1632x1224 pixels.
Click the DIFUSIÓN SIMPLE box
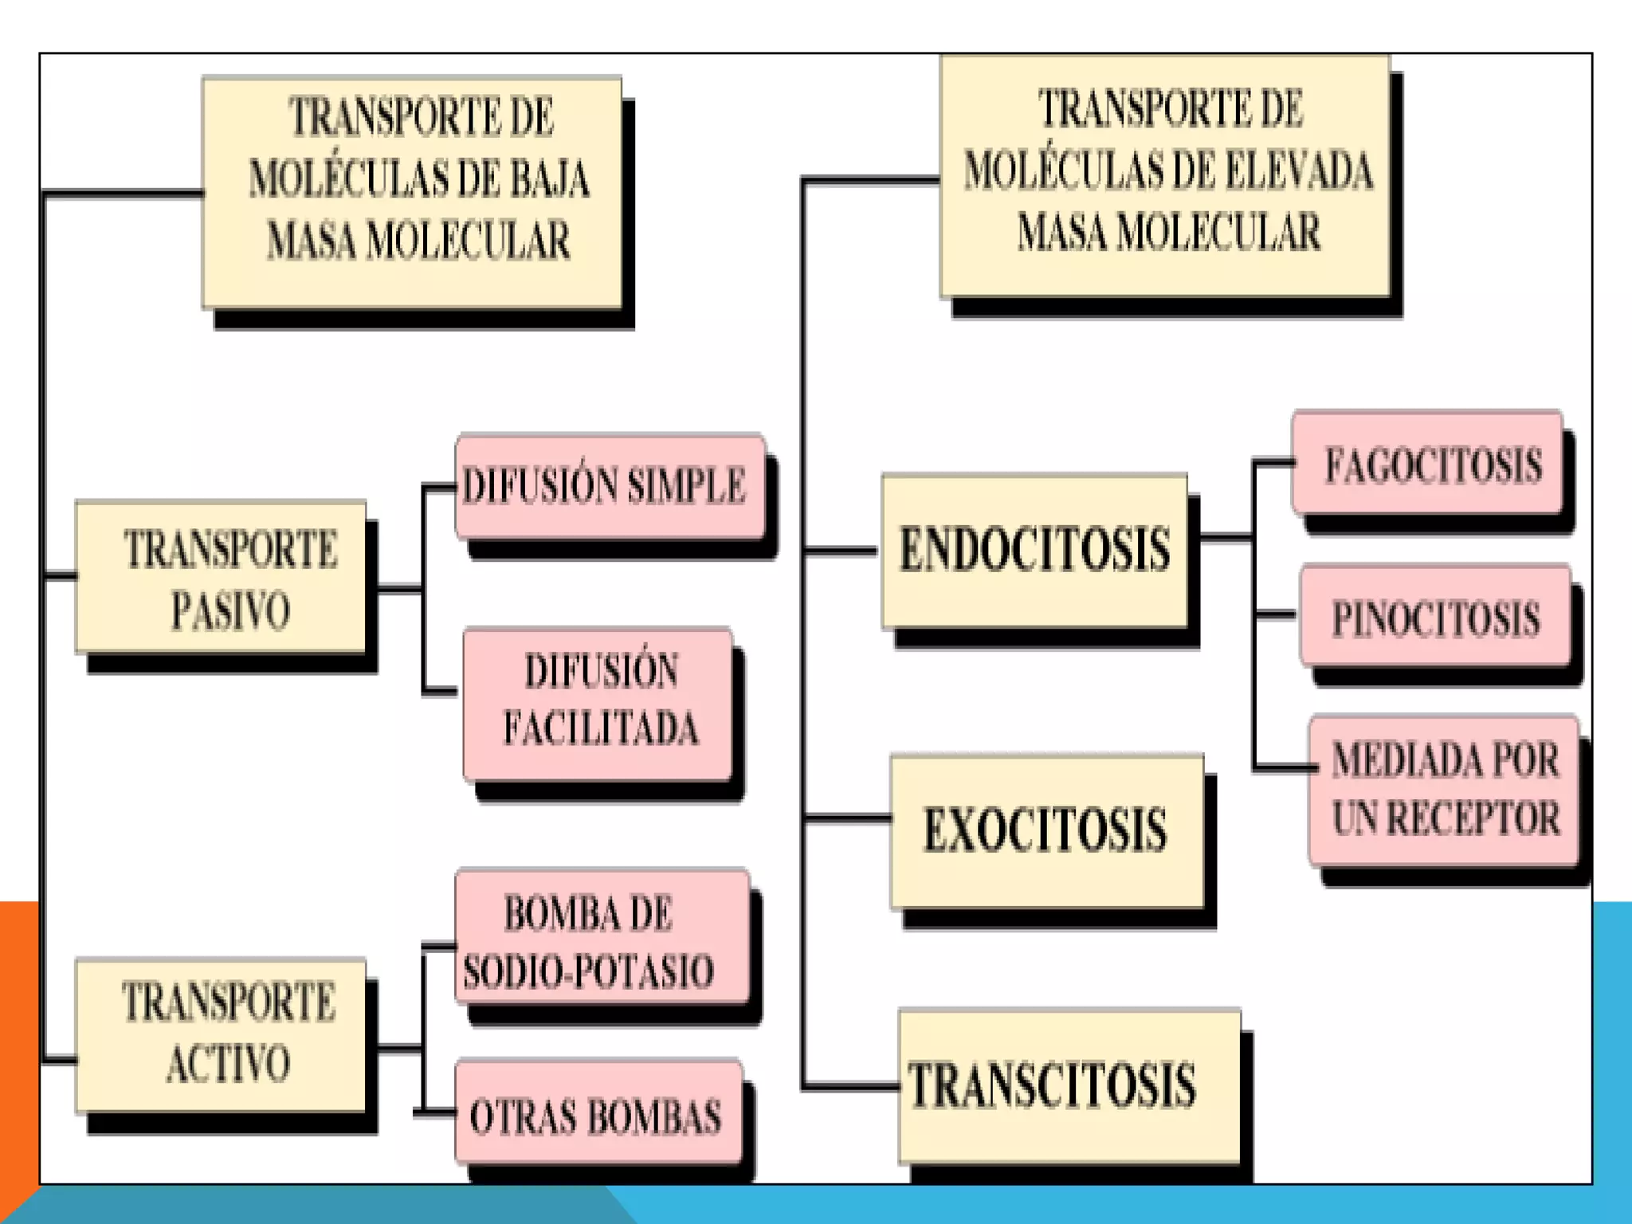coord(610,486)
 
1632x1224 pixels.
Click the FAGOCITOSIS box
coord(1426,463)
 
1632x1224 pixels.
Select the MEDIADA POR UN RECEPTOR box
coord(1444,789)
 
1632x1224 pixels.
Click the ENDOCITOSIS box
coord(1034,551)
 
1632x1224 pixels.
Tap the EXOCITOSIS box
coord(1046,831)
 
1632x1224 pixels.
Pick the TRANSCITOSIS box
coord(1069,1086)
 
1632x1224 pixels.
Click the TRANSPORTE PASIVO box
coord(221,578)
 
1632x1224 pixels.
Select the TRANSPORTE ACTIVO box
coord(221,1034)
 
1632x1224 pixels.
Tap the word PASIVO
coord(230,611)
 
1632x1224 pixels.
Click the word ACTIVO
coord(229,1064)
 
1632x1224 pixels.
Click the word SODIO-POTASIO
coord(588,972)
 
